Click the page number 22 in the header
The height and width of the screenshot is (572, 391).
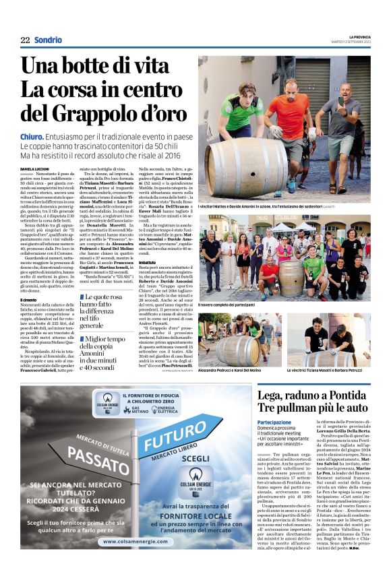pos(26,40)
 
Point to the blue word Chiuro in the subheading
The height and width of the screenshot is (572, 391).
pos(33,137)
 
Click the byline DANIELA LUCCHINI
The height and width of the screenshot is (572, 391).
pos(36,168)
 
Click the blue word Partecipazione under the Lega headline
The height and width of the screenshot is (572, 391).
pos(274,422)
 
